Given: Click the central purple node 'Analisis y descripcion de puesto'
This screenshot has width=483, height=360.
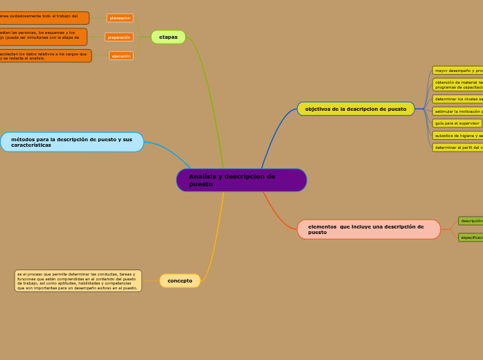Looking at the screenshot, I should click(x=241, y=180).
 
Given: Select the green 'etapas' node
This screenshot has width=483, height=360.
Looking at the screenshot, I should click(x=168, y=37).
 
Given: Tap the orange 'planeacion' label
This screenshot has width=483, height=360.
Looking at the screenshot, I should click(x=120, y=18).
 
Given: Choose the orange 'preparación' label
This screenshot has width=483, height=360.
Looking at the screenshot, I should click(x=119, y=37).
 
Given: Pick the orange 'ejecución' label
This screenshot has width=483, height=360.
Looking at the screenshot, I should click(x=121, y=56).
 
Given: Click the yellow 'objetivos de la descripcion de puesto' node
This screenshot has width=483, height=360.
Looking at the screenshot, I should click(x=355, y=109).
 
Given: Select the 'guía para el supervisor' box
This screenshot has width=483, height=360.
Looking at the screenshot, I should click(x=457, y=123).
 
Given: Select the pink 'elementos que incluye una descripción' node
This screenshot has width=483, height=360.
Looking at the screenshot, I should click(x=369, y=229).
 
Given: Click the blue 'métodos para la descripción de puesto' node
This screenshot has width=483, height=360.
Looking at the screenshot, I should click(x=72, y=142).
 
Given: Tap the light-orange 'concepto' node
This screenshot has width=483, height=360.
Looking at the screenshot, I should click(x=180, y=280).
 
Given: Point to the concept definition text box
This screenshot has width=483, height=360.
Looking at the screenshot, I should click(x=78, y=280).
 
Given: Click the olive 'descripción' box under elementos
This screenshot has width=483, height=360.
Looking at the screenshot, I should click(x=471, y=221).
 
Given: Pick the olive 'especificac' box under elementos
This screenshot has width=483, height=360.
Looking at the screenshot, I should click(x=471, y=237).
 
